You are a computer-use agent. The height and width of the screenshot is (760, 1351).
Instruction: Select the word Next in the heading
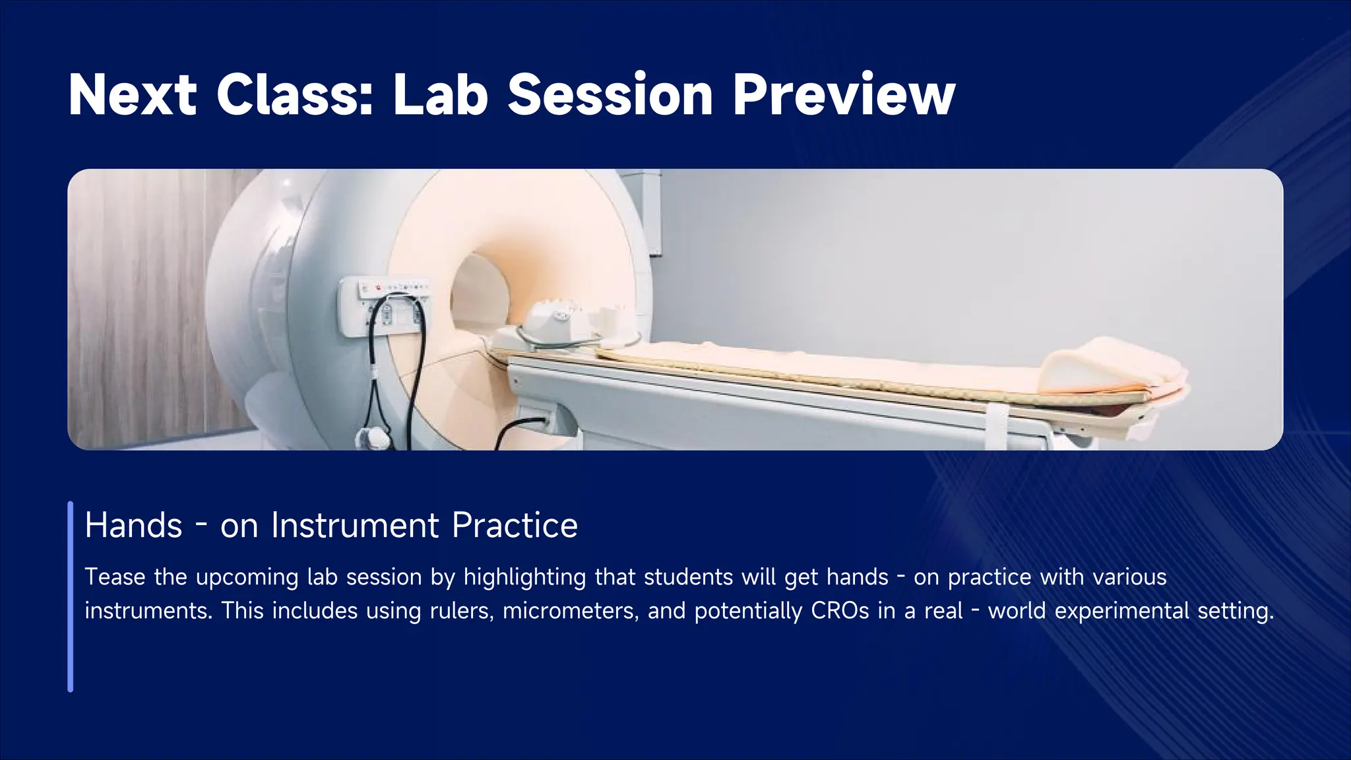133,96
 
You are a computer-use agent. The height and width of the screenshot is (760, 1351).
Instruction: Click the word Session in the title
610,96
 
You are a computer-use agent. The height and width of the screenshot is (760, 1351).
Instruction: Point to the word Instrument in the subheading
355,526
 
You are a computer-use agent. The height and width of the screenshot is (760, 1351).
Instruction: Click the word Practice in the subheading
515,526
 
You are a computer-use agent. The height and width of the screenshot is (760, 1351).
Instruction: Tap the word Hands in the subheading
133,526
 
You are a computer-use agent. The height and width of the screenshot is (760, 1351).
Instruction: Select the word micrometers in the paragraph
570,611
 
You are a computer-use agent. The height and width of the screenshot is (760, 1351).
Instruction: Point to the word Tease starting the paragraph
115,577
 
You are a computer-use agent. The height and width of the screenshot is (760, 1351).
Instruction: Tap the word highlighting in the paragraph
524,577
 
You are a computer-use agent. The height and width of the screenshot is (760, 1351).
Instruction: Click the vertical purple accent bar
71,596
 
